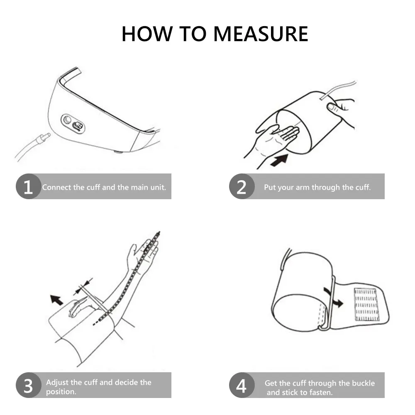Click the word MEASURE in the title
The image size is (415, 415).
(x=261, y=34)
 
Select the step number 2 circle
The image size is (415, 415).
(x=241, y=187)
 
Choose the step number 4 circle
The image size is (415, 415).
(x=241, y=386)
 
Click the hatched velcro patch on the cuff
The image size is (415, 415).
(x=366, y=304)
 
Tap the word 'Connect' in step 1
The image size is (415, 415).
(x=57, y=187)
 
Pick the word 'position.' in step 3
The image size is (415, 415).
(x=61, y=392)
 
